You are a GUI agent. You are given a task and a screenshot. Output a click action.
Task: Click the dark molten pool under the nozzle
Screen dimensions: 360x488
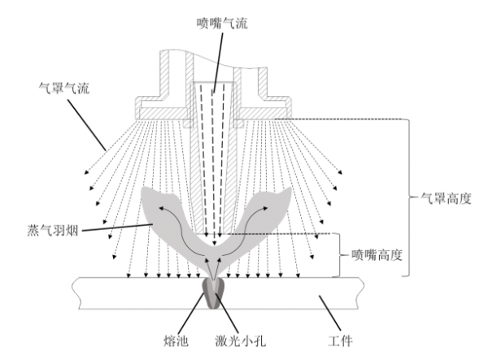(216, 293)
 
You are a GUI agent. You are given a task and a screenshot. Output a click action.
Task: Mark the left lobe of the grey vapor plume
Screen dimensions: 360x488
(163, 210)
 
